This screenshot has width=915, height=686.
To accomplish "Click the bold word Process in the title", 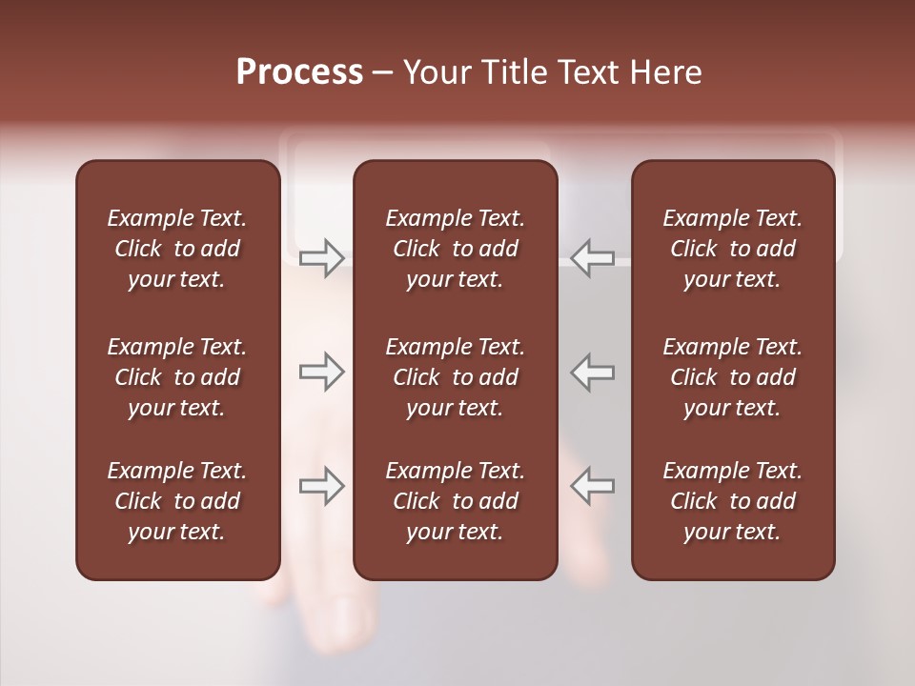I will click(x=299, y=72).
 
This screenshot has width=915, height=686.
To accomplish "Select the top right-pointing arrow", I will click(x=321, y=257).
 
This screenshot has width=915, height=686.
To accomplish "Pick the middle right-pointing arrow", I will click(x=321, y=372).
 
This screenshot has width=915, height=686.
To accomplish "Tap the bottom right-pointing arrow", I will click(x=321, y=486).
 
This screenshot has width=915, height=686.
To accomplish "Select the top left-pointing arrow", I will click(x=593, y=257).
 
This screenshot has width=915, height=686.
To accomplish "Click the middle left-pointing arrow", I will click(x=593, y=372).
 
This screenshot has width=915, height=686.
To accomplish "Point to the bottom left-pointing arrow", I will click(x=593, y=486).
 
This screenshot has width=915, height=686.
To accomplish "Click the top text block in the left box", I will click(x=177, y=249).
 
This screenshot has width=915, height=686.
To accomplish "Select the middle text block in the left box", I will click(x=177, y=377).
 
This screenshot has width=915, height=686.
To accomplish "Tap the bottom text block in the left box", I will click(x=177, y=501).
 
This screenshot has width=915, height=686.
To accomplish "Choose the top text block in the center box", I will click(x=455, y=249).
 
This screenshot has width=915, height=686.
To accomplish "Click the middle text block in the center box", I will click(x=455, y=377).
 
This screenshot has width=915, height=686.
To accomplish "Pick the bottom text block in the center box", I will click(x=455, y=501).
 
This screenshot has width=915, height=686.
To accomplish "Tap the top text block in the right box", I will click(x=732, y=249).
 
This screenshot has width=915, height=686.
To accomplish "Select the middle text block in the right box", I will click(x=732, y=377).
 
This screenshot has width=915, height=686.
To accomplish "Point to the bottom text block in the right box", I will click(x=732, y=501).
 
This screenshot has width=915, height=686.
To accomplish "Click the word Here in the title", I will click(x=667, y=72).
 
